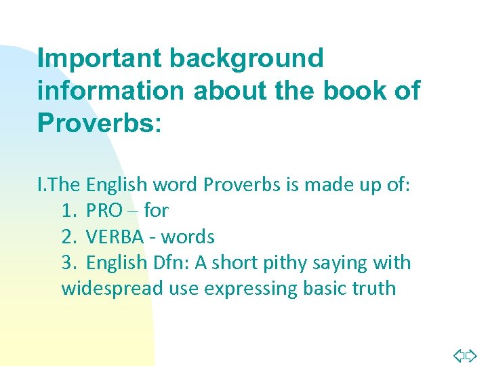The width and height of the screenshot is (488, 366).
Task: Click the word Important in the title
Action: (x=100, y=58)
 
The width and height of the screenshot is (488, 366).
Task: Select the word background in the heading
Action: (x=247, y=58)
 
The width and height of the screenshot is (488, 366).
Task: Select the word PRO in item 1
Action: (x=105, y=211)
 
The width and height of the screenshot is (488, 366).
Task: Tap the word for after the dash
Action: (x=156, y=211)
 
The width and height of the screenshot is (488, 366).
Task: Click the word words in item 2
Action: (x=189, y=237)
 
